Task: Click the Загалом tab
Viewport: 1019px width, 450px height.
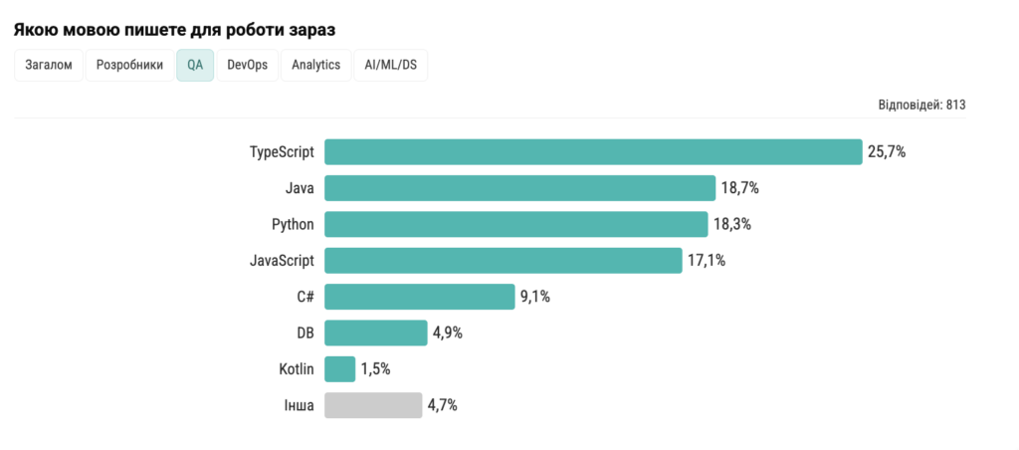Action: [x=48, y=66]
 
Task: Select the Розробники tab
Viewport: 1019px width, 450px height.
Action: [x=129, y=66]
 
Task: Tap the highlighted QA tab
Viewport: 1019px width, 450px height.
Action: [x=195, y=66]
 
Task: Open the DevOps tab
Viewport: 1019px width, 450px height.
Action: [x=247, y=66]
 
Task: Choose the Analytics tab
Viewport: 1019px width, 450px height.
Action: [x=316, y=66]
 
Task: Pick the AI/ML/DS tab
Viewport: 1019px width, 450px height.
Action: [x=390, y=66]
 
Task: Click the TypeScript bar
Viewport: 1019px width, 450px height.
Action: [x=592, y=151]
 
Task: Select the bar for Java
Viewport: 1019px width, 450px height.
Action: [x=519, y=188]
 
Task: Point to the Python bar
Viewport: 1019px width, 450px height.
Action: [x=515, y=224]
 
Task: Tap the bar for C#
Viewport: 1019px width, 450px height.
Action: [x=419, y=297]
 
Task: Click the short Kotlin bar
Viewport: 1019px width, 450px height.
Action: [x=339, y=369]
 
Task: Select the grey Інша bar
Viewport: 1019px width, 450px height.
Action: [x=373, y=405]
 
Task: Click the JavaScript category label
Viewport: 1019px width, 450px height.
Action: [x=282, y=261]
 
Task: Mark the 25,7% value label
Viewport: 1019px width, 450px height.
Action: [x=887, y=152]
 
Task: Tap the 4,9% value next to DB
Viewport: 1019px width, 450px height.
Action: [x=445, y=334]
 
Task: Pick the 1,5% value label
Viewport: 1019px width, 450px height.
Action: [x=375, y=369]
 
